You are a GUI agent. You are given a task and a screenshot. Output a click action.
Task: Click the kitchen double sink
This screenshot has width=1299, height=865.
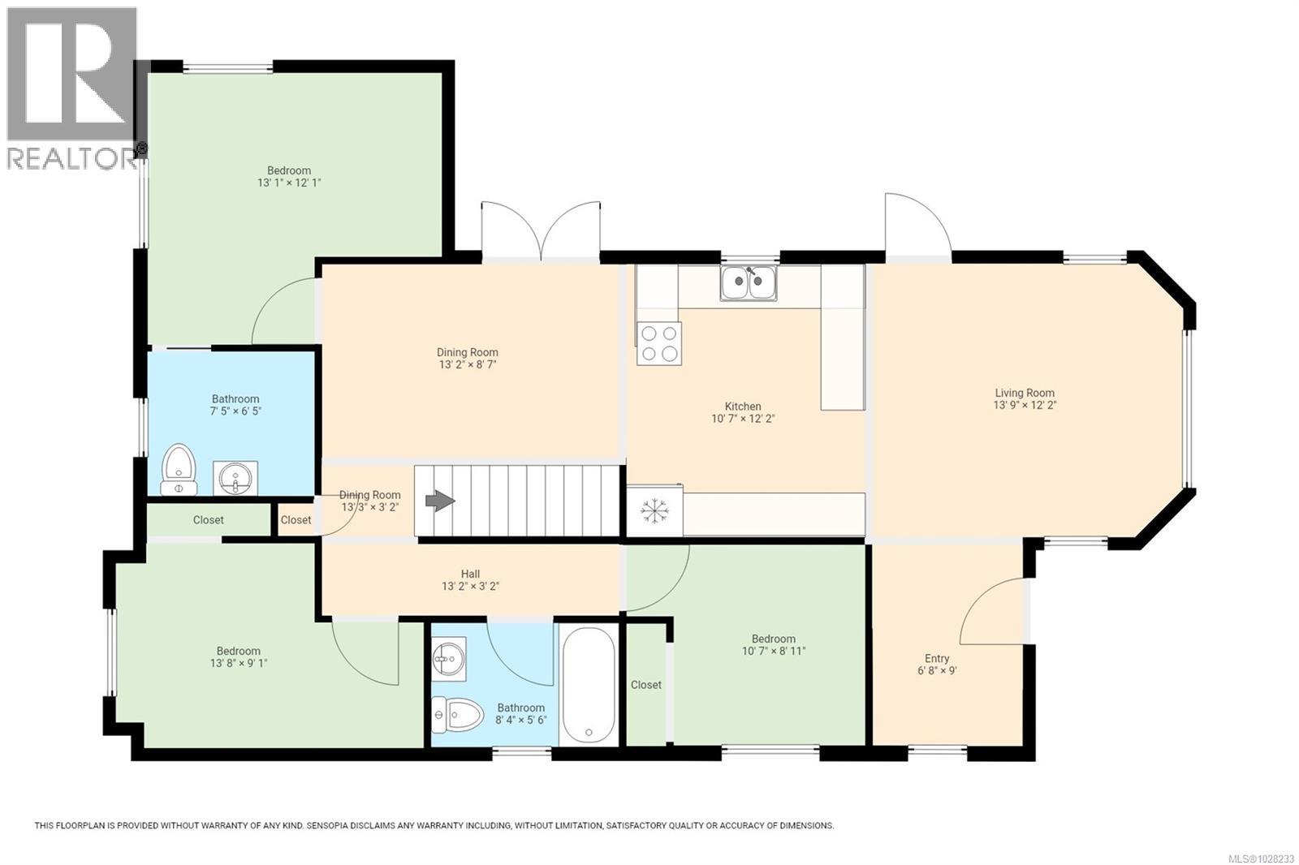pos(748,283)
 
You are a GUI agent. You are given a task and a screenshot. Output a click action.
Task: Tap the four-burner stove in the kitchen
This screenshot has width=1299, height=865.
pos(658,343)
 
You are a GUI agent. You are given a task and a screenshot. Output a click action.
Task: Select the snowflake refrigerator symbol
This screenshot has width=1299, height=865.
pos(654,510)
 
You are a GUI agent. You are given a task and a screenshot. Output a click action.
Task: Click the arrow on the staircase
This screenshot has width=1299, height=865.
pos(440,501)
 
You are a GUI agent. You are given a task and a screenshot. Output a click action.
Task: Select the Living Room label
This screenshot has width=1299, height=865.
pos(1024,393)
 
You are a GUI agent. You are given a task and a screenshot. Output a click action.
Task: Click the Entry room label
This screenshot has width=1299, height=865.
pos(936,658)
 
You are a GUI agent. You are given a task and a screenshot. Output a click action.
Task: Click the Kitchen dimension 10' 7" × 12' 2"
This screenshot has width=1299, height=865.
pos(742,420)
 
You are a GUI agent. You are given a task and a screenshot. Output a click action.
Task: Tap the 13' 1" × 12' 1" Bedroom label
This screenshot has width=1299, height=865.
pos(289,170)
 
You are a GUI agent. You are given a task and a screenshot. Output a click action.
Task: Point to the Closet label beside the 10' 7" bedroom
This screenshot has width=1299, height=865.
pos(645,685)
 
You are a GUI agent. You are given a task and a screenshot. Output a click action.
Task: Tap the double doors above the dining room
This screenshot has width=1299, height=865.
pos(542,231)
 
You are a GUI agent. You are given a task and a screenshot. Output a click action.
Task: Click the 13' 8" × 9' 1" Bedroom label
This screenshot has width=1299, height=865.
pos(238,651)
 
